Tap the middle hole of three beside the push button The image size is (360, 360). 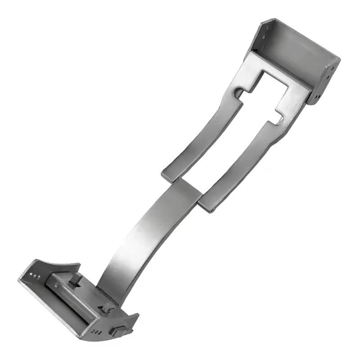(x=95, y=332)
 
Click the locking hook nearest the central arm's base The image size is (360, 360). (x=107, y=308)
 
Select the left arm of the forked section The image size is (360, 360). (x=198, y=135)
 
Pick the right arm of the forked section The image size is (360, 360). (x=245, y=162)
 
